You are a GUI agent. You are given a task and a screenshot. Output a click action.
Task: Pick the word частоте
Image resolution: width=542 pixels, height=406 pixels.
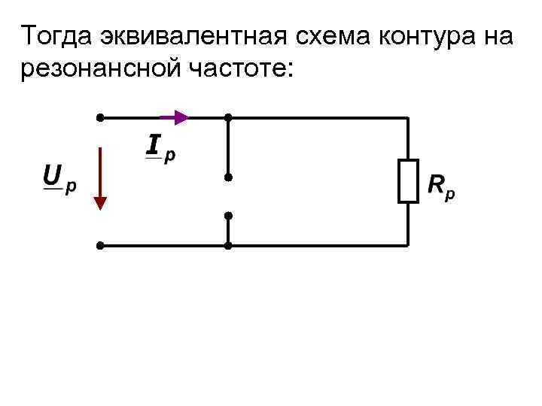click(x=239, y=70)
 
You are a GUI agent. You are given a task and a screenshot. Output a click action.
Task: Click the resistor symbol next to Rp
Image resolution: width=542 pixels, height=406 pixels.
click(x=408, y=181)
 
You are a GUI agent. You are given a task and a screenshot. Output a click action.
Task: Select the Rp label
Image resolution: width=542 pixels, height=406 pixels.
click(x=441, y=186)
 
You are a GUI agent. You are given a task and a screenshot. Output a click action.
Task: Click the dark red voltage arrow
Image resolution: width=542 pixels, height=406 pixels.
click(x=100, y=181)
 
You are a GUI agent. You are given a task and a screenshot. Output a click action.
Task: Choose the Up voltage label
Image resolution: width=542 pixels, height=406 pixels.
click(x=59, y=179)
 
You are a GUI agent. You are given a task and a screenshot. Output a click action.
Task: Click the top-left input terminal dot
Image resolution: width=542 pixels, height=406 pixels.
click(x=100, y=117)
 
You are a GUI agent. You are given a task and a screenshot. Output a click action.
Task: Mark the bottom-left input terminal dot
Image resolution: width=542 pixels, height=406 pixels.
click(x=100, y=245)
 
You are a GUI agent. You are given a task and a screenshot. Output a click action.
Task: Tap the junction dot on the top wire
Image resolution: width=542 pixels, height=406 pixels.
click(x=227, y=117)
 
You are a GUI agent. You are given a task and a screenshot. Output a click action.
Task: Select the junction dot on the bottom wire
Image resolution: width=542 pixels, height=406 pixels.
click(x=227, y=245)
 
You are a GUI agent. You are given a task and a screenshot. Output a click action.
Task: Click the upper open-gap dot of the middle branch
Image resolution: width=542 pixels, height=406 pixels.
click(x=227, y=177)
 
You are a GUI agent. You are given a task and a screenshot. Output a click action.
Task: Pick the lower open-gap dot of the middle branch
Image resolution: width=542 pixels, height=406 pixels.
click(x=227, y=216)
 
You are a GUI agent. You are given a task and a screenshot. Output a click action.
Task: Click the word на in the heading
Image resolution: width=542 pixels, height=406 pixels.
click(x=496, y=35)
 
